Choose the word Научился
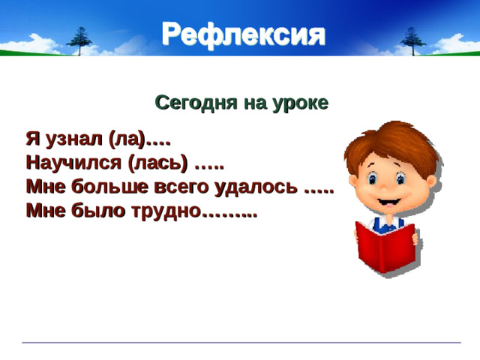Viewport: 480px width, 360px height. point(73,163)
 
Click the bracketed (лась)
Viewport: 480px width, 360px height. point(157,163)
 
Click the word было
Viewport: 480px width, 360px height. point(94,211)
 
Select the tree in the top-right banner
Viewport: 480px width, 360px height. point(412,37)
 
